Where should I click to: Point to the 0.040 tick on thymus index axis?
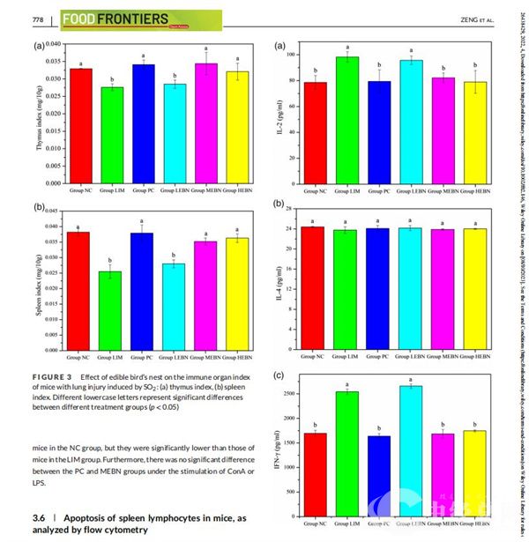point(54,44)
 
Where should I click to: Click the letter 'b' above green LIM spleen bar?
point(111,261)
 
